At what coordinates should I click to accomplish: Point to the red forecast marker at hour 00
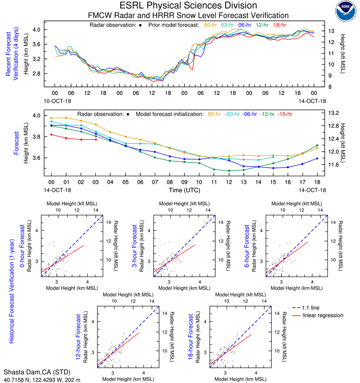pos(51,135)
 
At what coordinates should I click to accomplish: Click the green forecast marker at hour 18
pos(317,145)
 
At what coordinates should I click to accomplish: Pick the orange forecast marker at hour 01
pos(66,118)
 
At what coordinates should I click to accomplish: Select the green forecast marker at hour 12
pos(229,171)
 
